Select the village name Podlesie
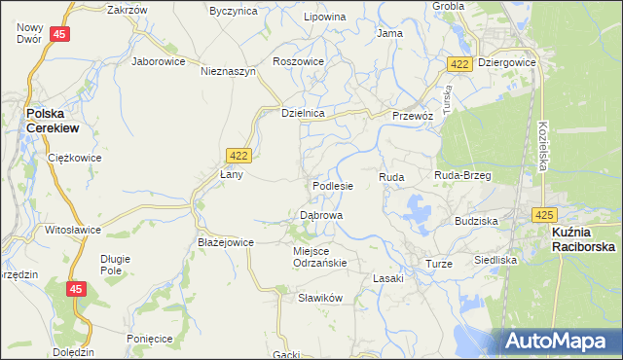click(x=332, y=185)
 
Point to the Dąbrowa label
click(x=320, y=214)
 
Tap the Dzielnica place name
click(x=302, y=113)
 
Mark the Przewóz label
click(x=412, y=114)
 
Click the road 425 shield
click(x=544, y=214)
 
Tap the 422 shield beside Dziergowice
click(x=461, y=63)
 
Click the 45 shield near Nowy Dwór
click(x=60, y=35)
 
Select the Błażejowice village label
click(x=225, y=242)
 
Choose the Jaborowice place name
click(x=159, y=59)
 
